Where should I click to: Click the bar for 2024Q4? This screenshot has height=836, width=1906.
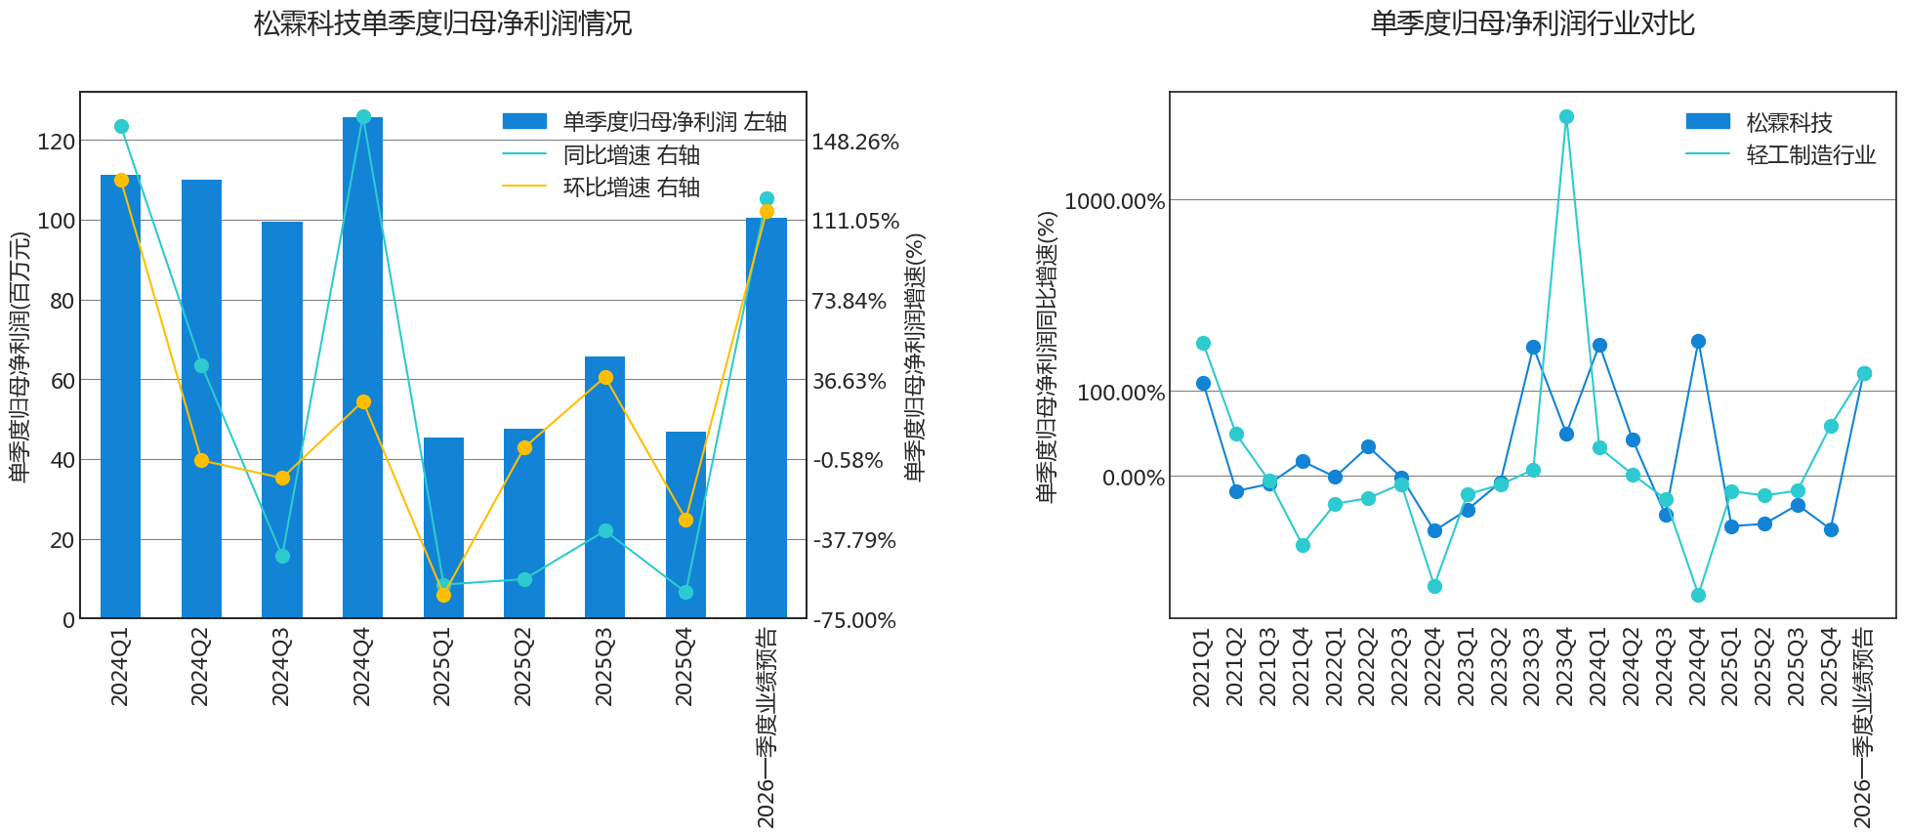coord(362,368)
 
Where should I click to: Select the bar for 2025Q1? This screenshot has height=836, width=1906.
coord(443,528)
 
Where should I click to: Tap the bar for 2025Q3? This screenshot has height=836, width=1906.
coord(604,487)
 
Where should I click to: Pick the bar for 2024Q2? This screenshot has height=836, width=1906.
coord(201,399)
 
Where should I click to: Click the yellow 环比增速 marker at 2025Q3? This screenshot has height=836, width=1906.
coord(605,378)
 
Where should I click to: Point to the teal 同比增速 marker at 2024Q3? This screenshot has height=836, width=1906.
coord(282,557)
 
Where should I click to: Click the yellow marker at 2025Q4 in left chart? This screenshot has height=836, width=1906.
coord(685,521)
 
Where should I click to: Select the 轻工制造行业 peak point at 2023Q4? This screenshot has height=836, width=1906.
coord(1566,117)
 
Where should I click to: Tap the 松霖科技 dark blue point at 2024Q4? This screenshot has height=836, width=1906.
coord(1698,342)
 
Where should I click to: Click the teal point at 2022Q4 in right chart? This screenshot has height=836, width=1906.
coord(1434,587)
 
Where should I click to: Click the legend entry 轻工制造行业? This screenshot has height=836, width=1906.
coord(1781,155)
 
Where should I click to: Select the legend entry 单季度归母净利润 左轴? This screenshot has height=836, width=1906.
coord(644,122)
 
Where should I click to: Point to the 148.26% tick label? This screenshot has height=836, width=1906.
coord(855,143)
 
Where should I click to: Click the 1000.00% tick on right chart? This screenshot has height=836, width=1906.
coord(1115,201)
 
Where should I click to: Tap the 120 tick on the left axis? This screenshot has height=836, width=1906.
coord(56,143)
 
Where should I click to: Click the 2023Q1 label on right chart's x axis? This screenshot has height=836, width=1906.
coord(1467,667)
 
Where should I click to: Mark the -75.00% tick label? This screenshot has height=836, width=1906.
coord(854,621)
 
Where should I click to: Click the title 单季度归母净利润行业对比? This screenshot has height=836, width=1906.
coord(1532,23)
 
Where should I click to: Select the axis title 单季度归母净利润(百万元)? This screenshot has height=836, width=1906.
coord(20,356)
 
